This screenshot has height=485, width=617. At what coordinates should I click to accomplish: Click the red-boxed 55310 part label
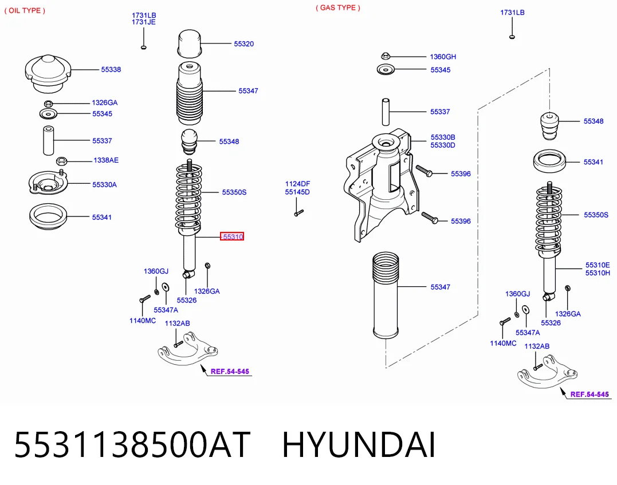[x=232, y=236]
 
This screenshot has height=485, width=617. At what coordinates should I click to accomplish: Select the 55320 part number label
[x=244, y=44]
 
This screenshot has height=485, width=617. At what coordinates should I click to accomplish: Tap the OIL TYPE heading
[x=25, y=11]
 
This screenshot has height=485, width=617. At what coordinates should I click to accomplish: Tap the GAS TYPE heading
[x=338, y=7]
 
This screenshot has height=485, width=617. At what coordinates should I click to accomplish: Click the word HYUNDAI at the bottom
[x=359, y=444]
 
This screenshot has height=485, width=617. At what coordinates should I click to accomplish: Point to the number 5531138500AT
[x=132, y=444]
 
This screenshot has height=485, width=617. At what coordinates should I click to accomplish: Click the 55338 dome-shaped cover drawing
[x=48, y=74]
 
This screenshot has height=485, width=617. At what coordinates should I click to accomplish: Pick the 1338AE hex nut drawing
[x=61, y=160]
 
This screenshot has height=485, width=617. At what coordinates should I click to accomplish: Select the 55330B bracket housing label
[x=443, y=137]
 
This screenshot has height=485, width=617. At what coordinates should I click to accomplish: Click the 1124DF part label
[x=297, y=184]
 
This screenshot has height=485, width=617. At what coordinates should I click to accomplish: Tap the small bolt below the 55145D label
[x=298, y=213]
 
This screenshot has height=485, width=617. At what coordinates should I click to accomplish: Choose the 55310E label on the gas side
[x=598, y=265]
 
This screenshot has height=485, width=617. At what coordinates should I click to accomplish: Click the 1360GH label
[x=443, y=57]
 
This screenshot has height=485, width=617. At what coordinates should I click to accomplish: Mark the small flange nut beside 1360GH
[x=386, y=56]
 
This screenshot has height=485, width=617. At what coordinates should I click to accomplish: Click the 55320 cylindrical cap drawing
[x=190, y=44]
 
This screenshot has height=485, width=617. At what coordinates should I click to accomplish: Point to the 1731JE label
[x=144, y=22]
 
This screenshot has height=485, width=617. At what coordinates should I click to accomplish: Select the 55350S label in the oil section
[x=234, y=192]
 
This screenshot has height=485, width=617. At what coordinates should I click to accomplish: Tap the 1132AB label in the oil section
[x=177, y=324]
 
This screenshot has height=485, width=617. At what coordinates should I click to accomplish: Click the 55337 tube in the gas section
[x=386, y=112]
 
